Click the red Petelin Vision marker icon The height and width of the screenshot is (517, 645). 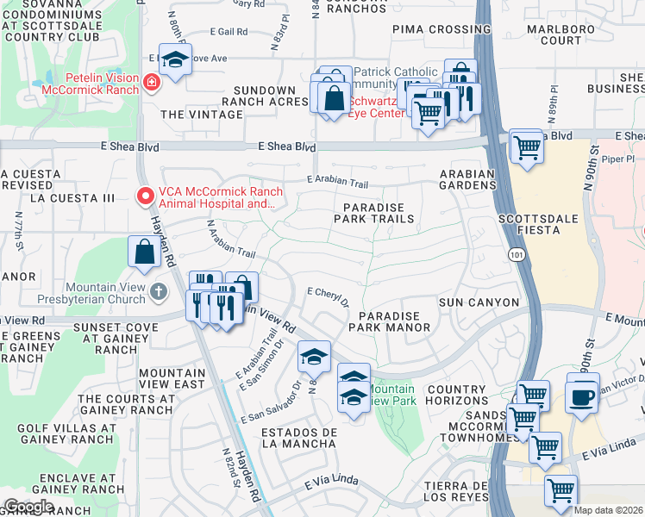coord(152,83)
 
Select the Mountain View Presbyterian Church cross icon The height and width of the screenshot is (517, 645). coord(158,290)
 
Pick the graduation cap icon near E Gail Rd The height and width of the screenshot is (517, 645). coord(176,60)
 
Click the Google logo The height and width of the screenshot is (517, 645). coord(28,506)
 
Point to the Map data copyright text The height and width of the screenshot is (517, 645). coord(607,510)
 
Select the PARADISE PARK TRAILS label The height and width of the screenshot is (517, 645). coord(373,213)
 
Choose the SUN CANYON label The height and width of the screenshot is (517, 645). coord(479,302)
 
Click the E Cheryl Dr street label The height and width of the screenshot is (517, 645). coord(328,296)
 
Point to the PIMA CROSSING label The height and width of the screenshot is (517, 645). coord(429,28)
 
